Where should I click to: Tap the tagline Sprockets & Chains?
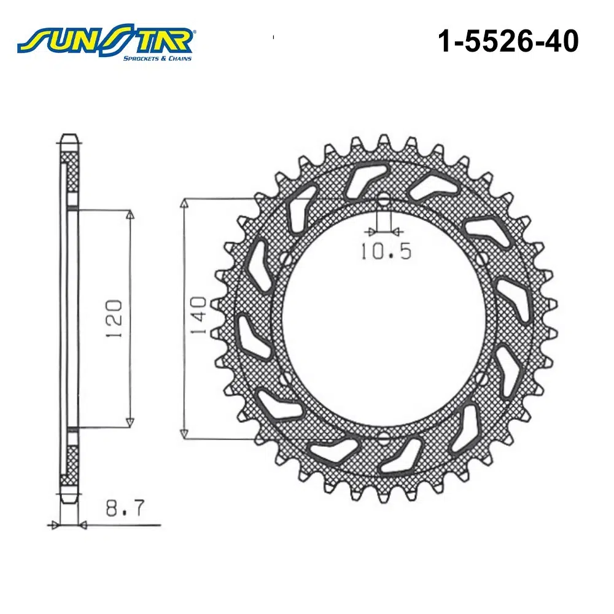(x=157, y=58)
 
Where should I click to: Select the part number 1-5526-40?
(x=508, y=41)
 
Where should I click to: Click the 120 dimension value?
(x=114, y=319)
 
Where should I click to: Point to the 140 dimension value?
(x=198, y=316)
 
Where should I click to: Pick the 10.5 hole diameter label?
(x=386, y=251)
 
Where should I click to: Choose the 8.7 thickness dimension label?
(x=125, y=508)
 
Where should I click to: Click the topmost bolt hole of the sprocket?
(x=384, y=200)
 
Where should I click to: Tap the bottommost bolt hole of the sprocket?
(x=384, y=438)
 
